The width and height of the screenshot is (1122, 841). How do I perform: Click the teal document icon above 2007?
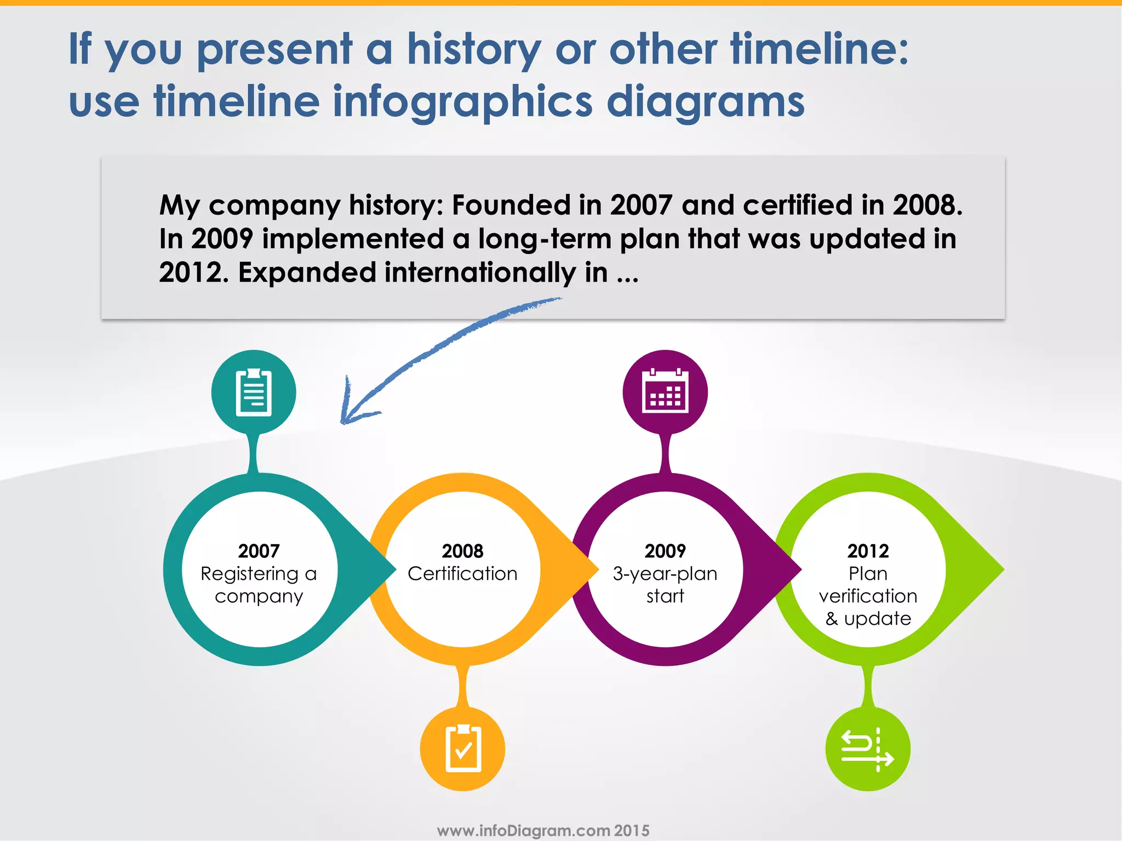pos(254,393)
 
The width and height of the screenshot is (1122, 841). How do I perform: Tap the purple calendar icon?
pos(665,391)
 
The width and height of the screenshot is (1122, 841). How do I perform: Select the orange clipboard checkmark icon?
pos(463,749)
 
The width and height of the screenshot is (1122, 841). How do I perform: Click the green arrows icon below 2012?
pos(868,749)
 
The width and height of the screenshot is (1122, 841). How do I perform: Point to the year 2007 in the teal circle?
pos(259,551)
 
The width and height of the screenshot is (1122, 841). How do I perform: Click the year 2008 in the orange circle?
pos(462,551)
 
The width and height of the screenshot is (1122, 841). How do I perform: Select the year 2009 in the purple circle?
pos(665,551)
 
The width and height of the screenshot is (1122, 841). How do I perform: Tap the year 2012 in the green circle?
pos(868,551)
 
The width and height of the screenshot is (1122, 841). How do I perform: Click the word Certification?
pos(462,574)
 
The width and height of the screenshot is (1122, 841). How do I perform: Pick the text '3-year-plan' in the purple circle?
pos(665,574)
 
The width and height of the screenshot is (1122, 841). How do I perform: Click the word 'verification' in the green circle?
pos(868,596)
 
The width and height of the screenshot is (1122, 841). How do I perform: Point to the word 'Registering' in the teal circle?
pos(249,574)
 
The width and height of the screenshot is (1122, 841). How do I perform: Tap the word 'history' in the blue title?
pos(474,49)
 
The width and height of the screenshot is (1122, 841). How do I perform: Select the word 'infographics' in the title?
pos(463,102)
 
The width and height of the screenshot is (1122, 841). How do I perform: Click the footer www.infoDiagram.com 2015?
pos(543,831)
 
